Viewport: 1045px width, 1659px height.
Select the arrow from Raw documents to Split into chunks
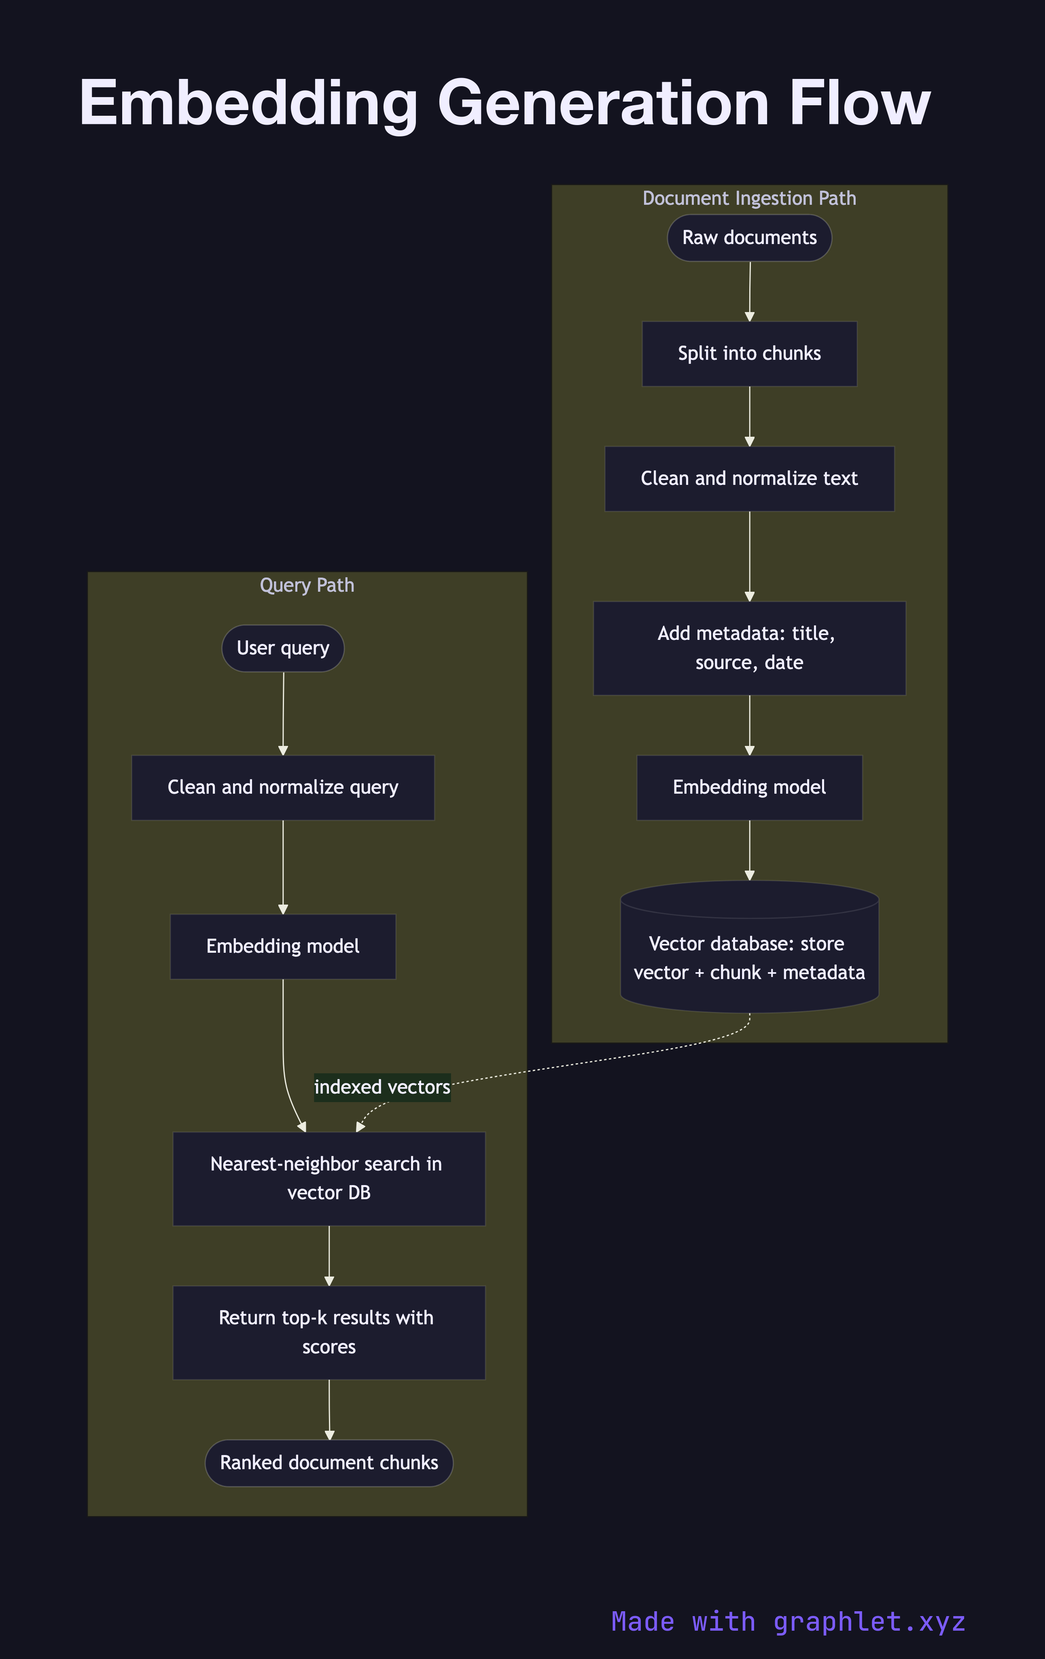[x=750, y=291]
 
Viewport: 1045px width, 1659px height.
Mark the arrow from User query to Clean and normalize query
[x=283, y=713]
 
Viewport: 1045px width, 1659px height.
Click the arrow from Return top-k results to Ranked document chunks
[x=329, y=1409]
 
